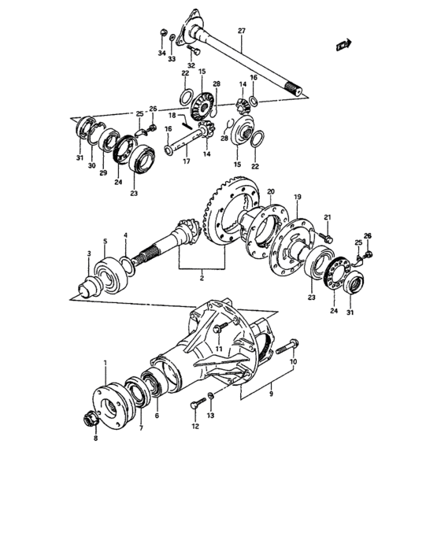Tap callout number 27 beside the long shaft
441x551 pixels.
pyautogui.click(x=242, y=31)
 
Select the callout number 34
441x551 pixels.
pyautogui.click(x=161, y=54)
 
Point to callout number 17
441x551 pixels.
pyautogui.click(x=187, y=162)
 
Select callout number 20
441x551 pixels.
pyautogui.click(x=270, y=191)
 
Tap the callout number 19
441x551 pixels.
pyautogui.click(x=298, y=197)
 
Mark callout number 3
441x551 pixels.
pyautogui.click(x=89, y=253)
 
